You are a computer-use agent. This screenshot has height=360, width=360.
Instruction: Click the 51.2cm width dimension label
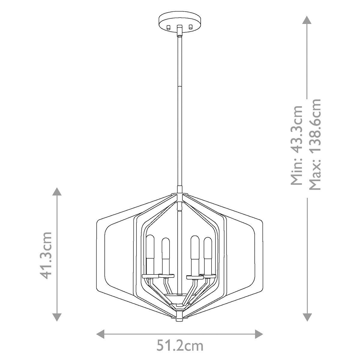pos(180,346)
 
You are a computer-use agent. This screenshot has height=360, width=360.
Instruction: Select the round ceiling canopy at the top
pos(179,22)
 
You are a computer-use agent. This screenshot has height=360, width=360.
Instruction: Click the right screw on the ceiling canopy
pos(190,27)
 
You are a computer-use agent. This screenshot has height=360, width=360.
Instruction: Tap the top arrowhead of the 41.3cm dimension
pos(57,192)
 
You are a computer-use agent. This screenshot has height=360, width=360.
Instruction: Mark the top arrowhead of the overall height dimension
pos(306,20)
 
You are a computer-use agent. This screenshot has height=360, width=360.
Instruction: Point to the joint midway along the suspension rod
pos(179,86)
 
